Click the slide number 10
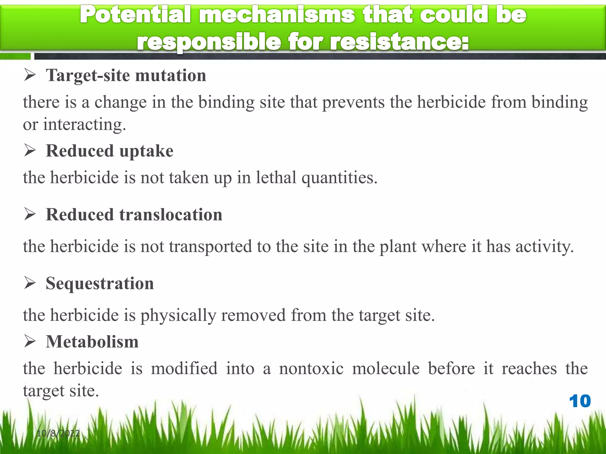point(580,401)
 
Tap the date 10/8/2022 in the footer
point(58,433)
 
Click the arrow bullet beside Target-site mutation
point(30,75)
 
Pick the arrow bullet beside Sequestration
point(30,283)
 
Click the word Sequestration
point(100,283)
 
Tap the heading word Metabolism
point(92,342)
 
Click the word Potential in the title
point(136,15)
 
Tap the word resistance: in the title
point(399,42)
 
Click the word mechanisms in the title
point(277,15)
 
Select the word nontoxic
point(311,369)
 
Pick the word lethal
point(276,177)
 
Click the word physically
point(178,315)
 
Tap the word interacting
point(84,124)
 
